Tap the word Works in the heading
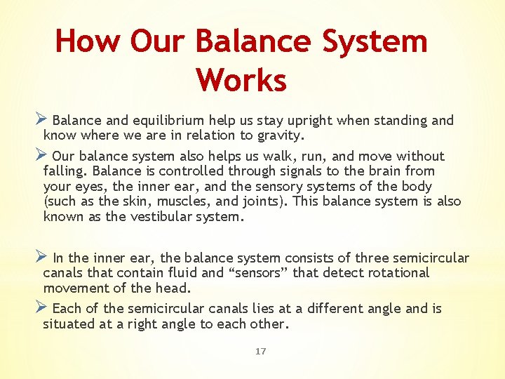click(x=241, y=79)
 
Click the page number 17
click(x=260, y=352)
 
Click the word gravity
click(x=281, y=135)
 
